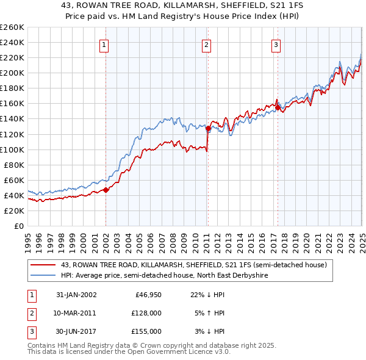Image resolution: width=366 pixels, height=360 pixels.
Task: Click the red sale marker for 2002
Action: click(x=106, y=190)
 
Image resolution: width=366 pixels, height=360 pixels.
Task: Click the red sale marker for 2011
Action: click(x=208, y=128)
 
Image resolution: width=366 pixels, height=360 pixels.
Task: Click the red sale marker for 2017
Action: click(x=278, y=107)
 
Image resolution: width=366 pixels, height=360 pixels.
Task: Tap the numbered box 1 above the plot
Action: click(x=104, y=45)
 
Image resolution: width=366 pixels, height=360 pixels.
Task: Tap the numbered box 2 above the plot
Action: click(x=207, y=45)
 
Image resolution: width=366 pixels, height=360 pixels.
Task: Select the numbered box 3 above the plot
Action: click(x=276, y=45)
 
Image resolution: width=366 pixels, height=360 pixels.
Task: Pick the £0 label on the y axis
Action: click(x=19, y=226)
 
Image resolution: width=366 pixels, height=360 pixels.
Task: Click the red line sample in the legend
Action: click(x=43, y=265)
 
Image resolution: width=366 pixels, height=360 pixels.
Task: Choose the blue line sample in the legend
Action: click(x=43, y=275)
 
